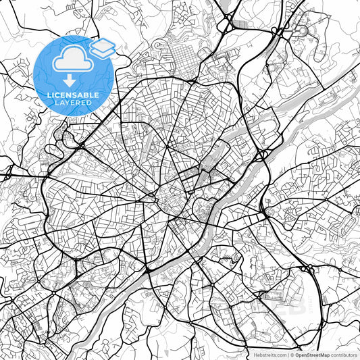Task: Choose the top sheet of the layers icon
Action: pyautogui.click(x=103, y=43)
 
